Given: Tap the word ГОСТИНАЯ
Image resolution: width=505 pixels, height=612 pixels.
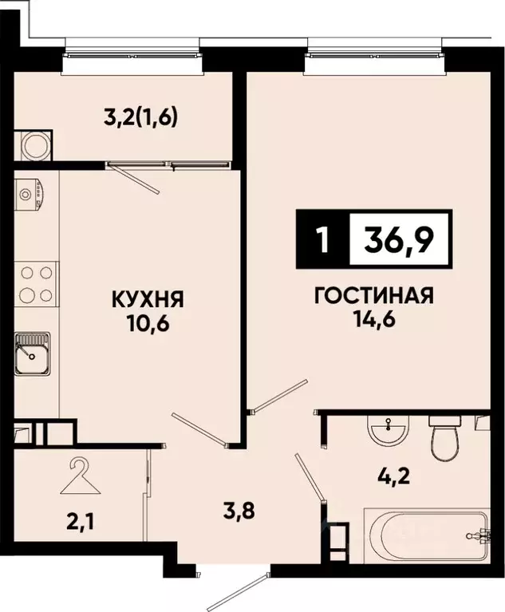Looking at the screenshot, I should point(373,296).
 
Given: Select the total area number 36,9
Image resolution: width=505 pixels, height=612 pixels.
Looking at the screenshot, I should point(399,239).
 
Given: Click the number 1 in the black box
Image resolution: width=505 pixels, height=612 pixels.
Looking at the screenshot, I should point(322,239).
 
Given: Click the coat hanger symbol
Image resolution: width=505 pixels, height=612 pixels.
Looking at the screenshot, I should point(80,473).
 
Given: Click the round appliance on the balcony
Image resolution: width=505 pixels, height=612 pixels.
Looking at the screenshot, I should point(34,145).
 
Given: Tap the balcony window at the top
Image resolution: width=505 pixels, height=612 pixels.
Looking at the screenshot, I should point(132,55).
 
